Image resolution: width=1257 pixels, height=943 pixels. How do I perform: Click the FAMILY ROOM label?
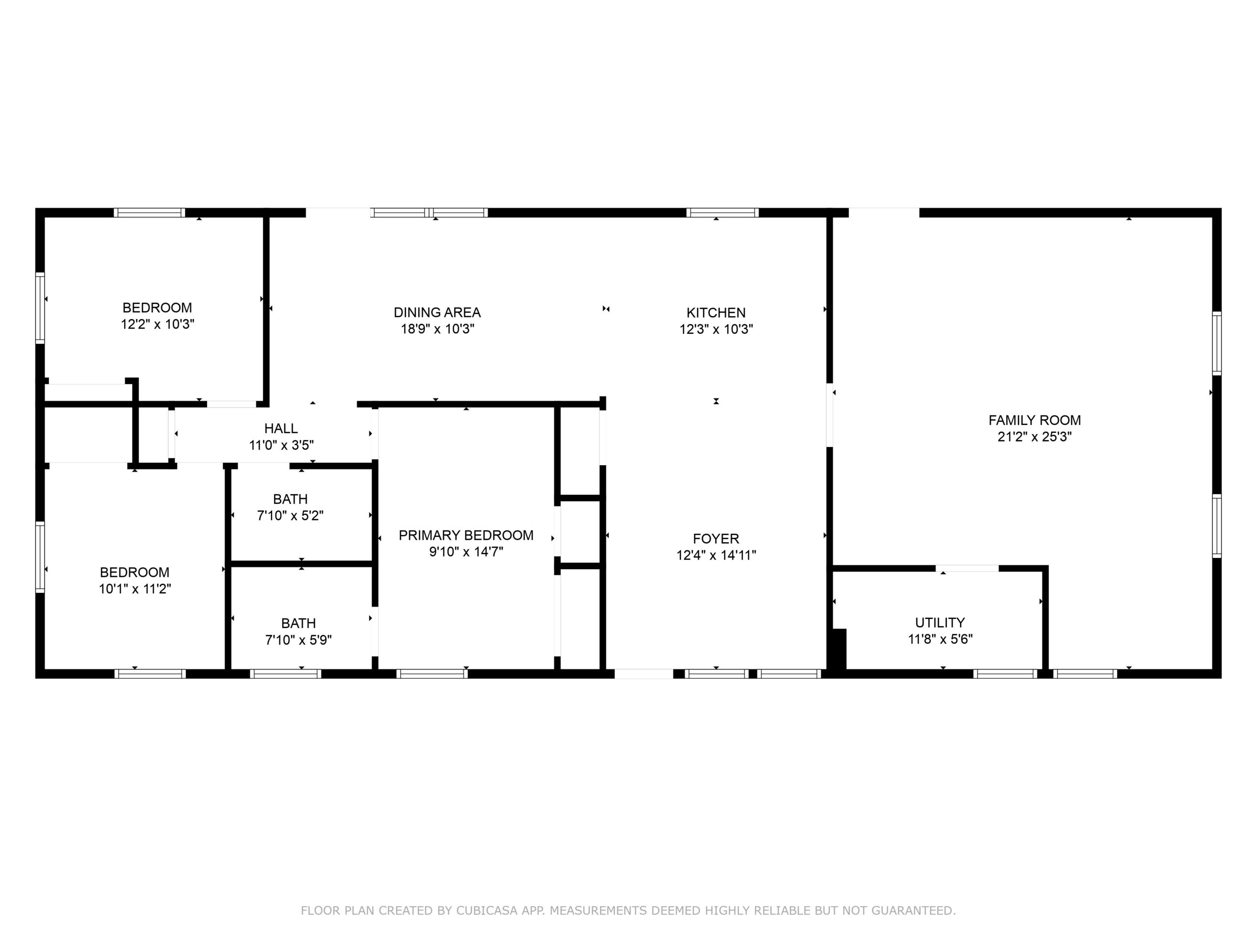(1034, 420)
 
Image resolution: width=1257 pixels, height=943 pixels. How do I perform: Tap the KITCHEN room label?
(716, 313)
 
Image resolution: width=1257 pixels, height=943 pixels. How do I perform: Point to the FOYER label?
(716, 538)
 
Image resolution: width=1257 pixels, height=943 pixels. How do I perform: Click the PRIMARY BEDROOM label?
(466, 535)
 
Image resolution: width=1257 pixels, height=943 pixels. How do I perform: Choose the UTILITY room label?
(940, 622)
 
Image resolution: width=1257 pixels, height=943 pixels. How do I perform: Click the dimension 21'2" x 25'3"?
(1034, 437)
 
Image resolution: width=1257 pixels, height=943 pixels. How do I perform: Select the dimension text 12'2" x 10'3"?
(158, 324)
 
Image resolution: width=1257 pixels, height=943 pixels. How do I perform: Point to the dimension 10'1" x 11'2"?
(135, 588)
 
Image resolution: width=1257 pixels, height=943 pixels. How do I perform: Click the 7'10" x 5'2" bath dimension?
(290, 516)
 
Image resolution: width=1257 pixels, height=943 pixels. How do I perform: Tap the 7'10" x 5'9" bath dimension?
(299, 639)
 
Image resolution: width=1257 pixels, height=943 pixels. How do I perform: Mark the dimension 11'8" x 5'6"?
(940, 639)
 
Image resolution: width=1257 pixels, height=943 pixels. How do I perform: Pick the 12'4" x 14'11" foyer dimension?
(716, 555)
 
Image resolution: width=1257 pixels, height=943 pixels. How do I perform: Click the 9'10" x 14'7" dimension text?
(466, 552)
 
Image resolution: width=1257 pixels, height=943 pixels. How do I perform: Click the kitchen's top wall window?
(722, 213)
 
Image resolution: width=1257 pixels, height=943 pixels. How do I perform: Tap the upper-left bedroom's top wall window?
(149, 213)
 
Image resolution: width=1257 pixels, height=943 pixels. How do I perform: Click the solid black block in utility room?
(839, 649)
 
